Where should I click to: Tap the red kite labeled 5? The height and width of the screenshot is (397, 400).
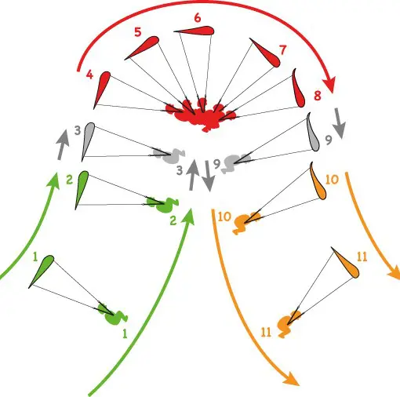click(144, 47)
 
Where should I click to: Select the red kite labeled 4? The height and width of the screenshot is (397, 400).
click(102, 89)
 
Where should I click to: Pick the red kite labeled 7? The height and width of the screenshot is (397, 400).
click(266, 53)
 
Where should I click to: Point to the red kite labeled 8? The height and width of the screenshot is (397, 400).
click(299, 90)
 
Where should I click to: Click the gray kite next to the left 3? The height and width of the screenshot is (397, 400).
click(88, 140)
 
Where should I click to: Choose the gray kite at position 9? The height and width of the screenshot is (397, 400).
click(313, 133)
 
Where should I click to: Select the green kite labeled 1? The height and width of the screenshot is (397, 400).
click(42, 271)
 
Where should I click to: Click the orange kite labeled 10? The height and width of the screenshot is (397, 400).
click(318, 182)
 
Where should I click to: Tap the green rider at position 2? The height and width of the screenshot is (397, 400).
click(162, 205)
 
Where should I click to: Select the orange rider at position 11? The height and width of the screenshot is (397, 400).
click(287, 324)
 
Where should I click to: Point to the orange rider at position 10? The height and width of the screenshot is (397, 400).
click(245, 222)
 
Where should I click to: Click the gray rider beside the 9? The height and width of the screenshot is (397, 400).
click(235, 162)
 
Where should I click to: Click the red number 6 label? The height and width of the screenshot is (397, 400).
click(198, 18)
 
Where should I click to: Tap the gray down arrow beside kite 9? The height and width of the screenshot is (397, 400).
click(340, 123)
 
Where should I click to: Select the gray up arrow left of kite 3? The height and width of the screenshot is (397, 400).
click(63, 144)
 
